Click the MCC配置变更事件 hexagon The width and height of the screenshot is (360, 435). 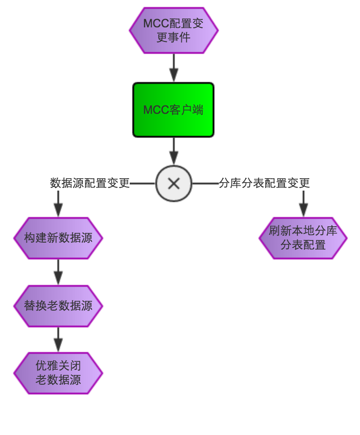173,30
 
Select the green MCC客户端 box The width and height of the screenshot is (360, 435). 173,110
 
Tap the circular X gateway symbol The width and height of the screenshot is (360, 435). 174,184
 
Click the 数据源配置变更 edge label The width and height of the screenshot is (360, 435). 90,183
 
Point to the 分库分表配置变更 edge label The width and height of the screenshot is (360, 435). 264,183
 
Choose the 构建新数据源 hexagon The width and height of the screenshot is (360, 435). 58,238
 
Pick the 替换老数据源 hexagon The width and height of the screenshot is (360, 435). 58,306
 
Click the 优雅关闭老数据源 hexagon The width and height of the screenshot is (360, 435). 58,373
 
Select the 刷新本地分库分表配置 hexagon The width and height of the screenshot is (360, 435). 303,238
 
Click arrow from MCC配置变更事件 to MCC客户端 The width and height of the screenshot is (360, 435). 174,68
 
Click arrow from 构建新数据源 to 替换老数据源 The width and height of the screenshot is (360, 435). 58,272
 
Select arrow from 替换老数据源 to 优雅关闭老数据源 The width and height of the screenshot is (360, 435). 58,340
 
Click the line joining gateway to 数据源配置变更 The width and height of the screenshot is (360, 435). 142,184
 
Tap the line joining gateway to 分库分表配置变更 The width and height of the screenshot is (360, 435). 206,184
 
